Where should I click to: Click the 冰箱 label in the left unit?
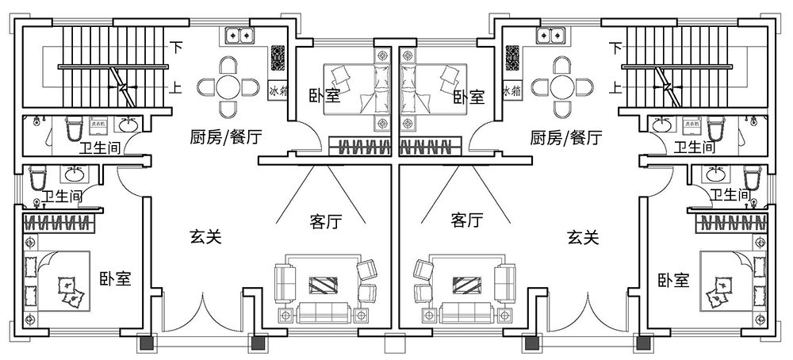[278, 91]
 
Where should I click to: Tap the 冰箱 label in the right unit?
[512, 91]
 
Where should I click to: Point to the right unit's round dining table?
[562, 86]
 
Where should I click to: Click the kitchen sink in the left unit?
[239, 35]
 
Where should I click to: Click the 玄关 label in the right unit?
[583, 236]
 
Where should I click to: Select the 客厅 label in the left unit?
[325, 222]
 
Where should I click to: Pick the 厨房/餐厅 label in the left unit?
[226, 137]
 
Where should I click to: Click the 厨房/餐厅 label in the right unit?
[565, 137]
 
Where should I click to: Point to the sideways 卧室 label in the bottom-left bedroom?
[115, 279]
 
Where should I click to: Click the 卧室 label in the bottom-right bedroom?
[672, 280]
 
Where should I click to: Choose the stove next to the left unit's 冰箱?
[278, 58]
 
